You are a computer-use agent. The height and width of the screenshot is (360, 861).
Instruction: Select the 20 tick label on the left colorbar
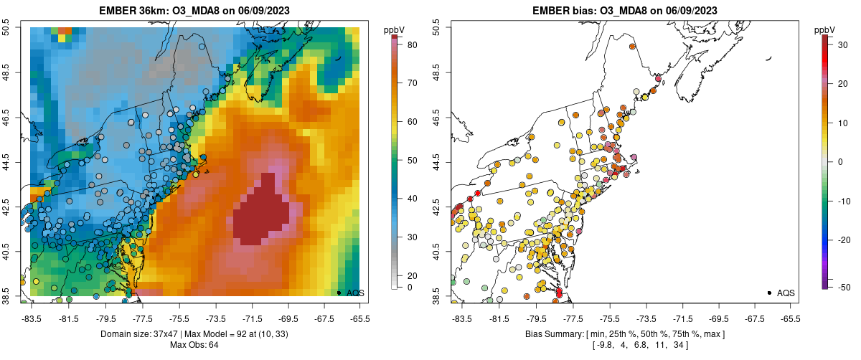[x=412, y=275]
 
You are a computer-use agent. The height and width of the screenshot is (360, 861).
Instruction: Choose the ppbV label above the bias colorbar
[x=824, y=29]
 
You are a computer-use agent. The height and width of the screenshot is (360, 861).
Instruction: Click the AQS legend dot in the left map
[x=339, y=293]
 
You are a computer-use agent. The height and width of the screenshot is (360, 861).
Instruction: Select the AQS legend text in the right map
[x=786, y=293]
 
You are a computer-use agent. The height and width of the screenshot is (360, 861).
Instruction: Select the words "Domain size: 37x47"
[x=134, y=334]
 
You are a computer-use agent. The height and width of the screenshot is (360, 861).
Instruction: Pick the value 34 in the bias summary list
[x=677, y=346]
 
